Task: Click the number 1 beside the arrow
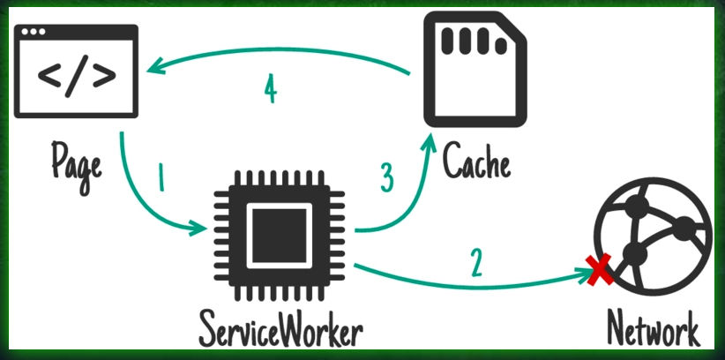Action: pos(161,180)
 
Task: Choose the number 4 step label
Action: pos(272,89)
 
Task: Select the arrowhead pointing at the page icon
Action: pos(154,66)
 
